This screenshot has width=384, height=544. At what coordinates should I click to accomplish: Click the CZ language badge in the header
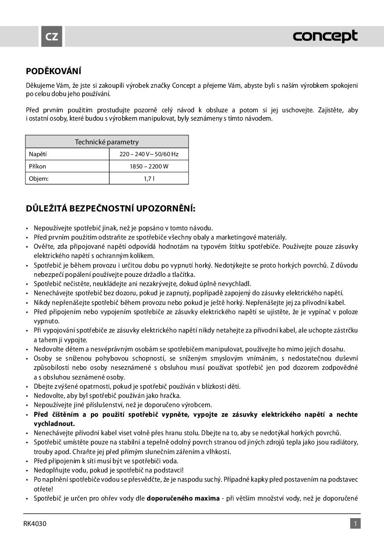click(x=52, y=36)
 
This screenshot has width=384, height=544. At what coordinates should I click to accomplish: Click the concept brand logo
click(x=325, y=36)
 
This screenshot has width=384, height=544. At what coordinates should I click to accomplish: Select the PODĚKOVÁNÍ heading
click(x=54, y=71)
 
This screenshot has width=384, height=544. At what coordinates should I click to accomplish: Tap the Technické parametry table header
click(x=107, y=142)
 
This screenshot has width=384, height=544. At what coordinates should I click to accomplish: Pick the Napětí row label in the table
click(x=38, y=154)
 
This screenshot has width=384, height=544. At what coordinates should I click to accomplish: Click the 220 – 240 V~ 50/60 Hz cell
click(x=149, y=154)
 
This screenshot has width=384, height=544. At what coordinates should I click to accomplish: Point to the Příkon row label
click(x=37, y=166)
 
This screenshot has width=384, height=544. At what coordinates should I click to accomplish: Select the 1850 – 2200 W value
click(x=149, y=166)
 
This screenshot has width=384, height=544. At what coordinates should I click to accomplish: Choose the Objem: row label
click(x=39, y=179)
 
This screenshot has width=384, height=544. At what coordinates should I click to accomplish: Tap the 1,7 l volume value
click(x=149, y=179)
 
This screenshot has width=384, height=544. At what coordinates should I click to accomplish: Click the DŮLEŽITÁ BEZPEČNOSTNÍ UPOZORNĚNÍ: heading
click(x=111, y=208)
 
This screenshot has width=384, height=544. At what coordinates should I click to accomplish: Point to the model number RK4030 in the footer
click(x=35, y=523)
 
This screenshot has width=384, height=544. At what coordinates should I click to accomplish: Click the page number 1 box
click(x=355, y=523)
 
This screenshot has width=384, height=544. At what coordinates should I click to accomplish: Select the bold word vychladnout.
click(x=54, y=423)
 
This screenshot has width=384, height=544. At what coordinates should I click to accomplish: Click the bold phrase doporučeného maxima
click(x=183, y=498)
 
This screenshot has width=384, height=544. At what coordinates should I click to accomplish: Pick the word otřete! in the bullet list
click(x=43, y=489)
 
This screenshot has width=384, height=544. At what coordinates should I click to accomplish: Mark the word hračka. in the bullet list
click(x=157, y=396)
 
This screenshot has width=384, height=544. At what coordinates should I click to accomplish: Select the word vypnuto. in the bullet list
click(x=47, y=321)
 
